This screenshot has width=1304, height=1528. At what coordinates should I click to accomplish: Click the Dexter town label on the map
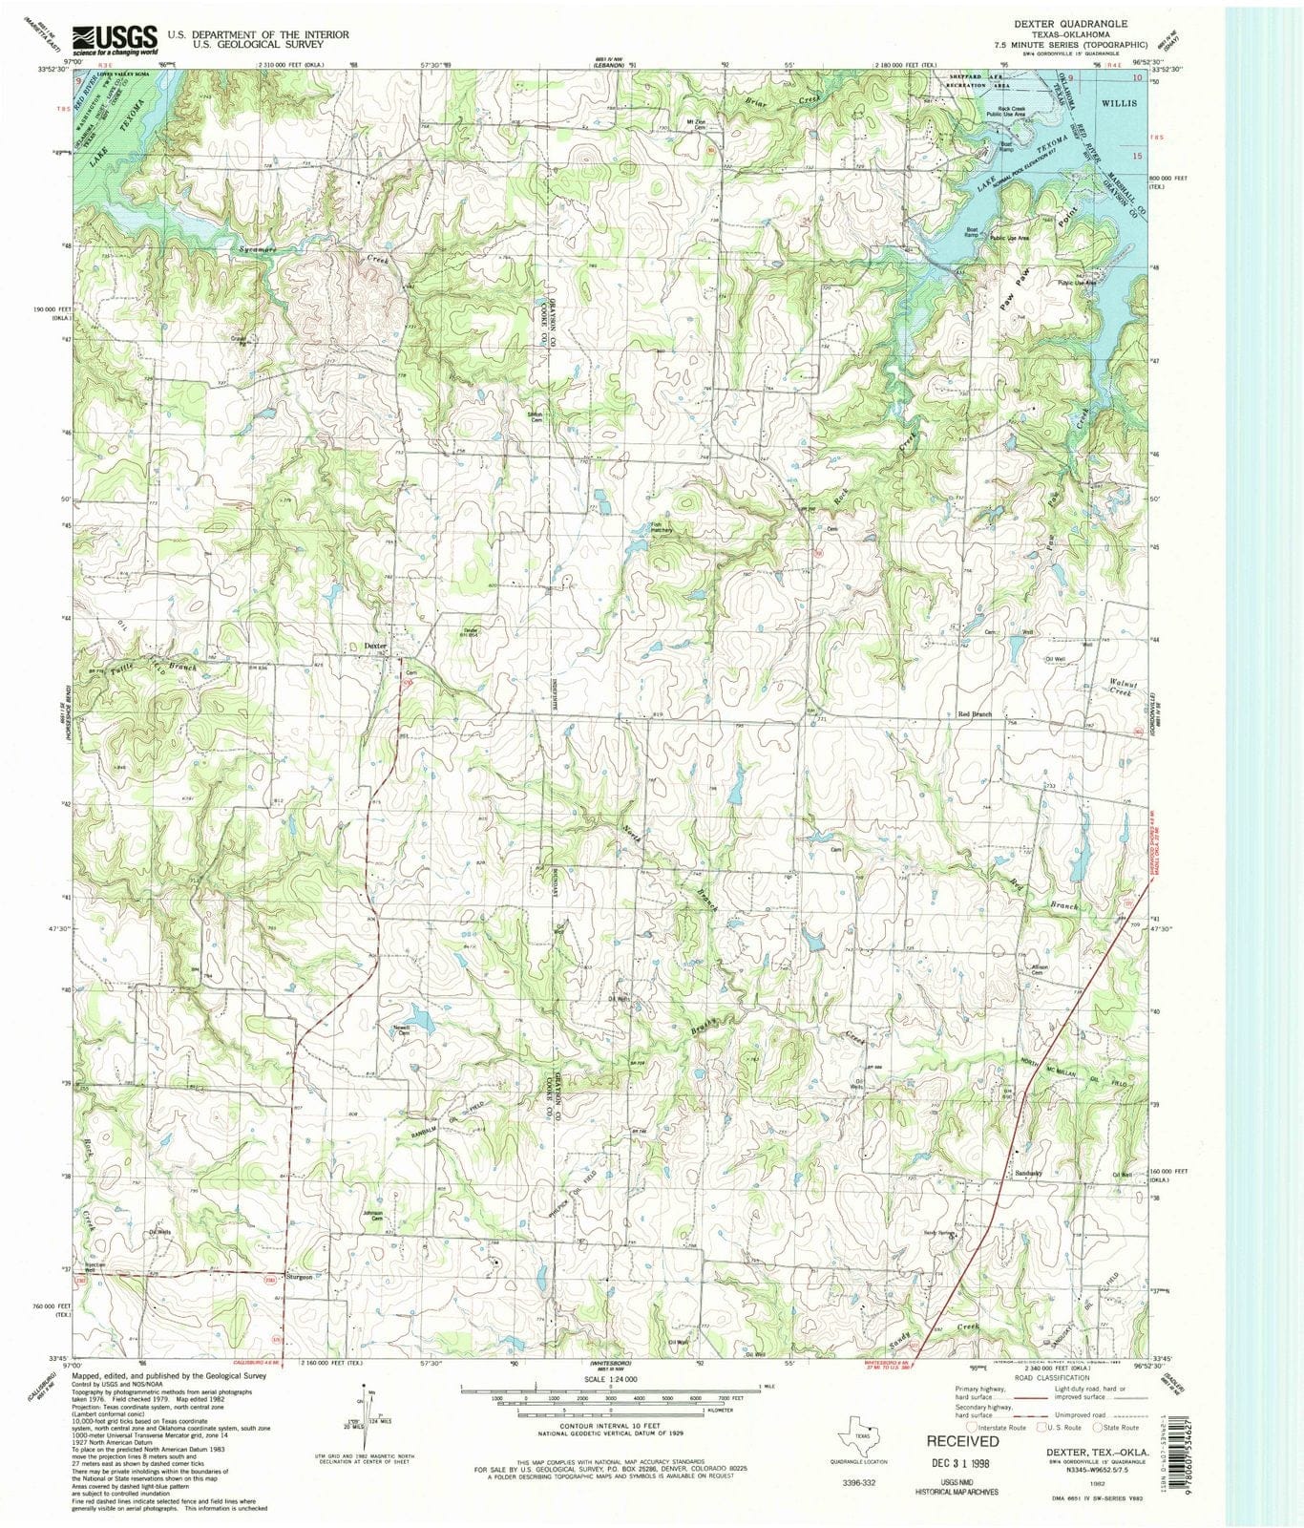(x=376, y=647)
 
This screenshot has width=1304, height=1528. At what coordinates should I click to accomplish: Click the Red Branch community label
(x=975, y=714)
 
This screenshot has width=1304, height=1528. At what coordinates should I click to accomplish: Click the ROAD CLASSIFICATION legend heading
(x=1050, y=1377)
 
